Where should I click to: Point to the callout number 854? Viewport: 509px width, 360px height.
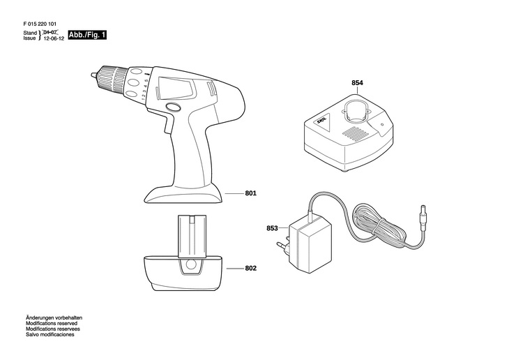[357, 83]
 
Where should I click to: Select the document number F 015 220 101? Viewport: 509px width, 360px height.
[43, 22]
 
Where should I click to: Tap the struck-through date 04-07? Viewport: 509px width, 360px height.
[50, 33]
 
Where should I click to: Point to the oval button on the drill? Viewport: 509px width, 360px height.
[172, 108]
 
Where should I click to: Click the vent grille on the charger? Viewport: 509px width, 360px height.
[354, 133]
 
